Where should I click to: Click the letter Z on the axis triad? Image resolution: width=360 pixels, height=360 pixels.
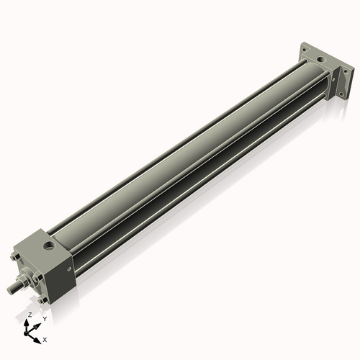30,315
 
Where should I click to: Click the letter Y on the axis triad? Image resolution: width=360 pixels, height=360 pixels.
44,318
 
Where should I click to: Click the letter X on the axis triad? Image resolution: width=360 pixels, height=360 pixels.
45,338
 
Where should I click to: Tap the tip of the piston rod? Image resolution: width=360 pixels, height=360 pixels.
9,290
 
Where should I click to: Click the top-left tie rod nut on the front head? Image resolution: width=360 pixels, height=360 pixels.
15,256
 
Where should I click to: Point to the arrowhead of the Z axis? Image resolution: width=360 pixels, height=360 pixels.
30,321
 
